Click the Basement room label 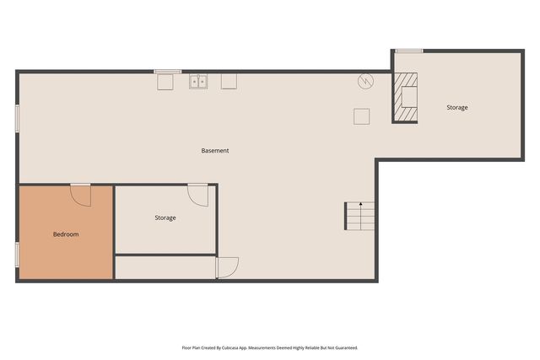click(215, 151)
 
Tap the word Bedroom click(66, 234)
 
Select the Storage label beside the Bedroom click(165, 218)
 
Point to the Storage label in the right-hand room click(457, 108)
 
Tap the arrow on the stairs click(361, 205)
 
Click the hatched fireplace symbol click(406, 98)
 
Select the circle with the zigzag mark click(365, 82)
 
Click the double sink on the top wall click(199, 82)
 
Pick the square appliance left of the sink click(165, 81)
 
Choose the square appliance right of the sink click(229, 81)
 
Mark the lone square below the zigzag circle click(361, 116)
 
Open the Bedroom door click(81, 195)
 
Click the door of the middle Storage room click(198, 195)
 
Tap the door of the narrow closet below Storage click(227, 267)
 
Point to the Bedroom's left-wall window click(17, 255)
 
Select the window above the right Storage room click(409, 51)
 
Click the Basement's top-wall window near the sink click(167, 72)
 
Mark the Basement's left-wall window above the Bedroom click(17, 118)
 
